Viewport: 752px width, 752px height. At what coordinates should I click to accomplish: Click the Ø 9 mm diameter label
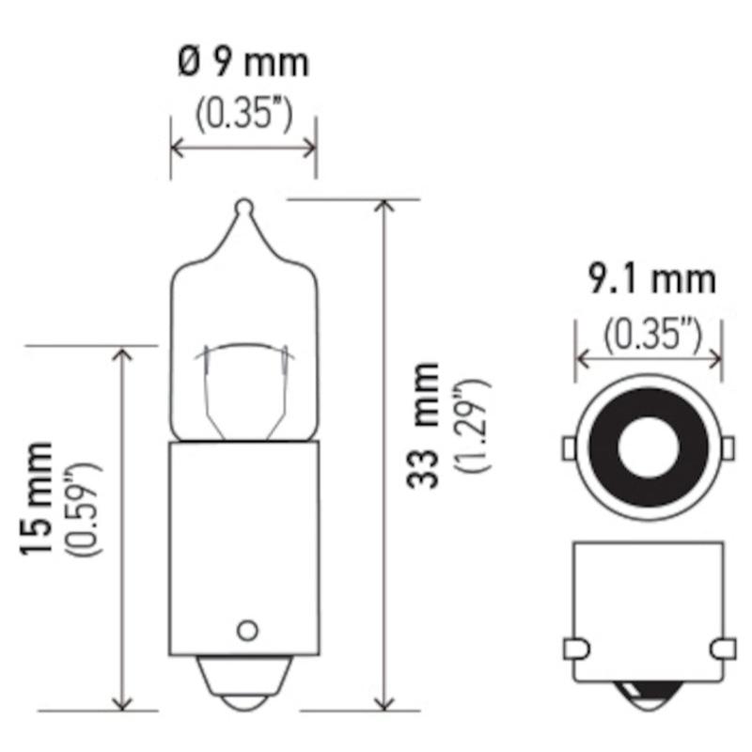click(243, 63)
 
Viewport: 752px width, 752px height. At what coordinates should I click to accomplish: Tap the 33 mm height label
click(422, 426)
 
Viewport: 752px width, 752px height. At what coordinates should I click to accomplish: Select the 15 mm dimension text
click(36, 499)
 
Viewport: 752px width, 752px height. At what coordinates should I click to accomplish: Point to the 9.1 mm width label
click(651, 279)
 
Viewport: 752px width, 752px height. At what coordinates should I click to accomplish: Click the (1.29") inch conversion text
click(474, 426)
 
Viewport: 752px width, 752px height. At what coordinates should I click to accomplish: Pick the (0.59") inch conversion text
click(86, 509)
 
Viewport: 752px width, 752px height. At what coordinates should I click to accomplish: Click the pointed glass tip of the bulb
click(244, 207)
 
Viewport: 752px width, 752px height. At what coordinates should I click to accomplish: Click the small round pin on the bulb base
click(247, 630)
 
